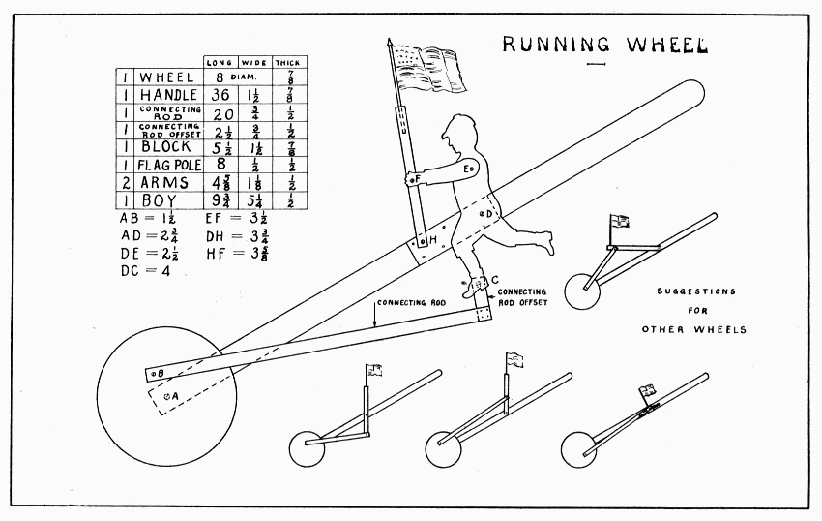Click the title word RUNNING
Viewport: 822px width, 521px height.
(556, 45)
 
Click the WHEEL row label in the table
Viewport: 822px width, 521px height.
(167, 77)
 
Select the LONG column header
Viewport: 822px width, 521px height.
(219, 63)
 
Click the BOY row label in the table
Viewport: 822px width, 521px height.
(159, 201)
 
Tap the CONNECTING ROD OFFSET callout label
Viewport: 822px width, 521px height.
(523, 296)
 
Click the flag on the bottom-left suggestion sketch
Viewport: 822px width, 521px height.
(374, 369)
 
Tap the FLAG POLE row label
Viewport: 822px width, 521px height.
(168, 164)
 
